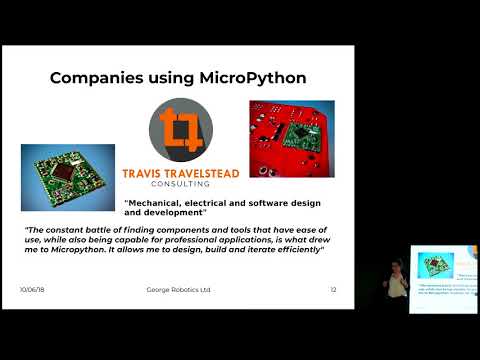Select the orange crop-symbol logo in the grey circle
tap(180, 130)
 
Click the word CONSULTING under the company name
tap(181, 185)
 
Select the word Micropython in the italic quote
tap(89, 250)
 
